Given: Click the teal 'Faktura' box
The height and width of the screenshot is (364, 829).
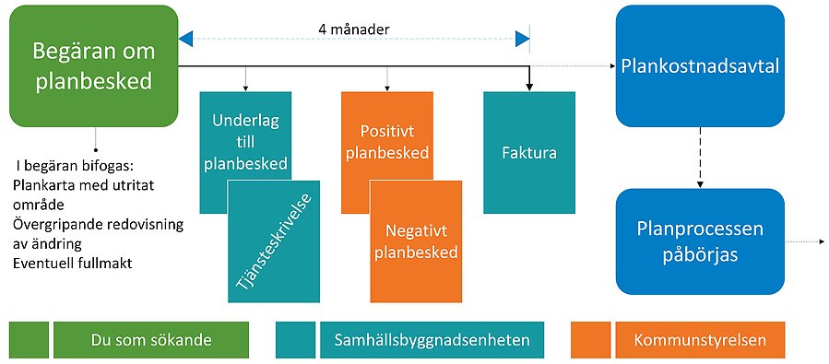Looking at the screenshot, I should [528, 152].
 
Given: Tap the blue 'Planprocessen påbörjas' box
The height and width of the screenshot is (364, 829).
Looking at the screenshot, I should [700, 241].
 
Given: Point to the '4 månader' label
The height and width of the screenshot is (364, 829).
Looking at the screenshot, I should [354, 29].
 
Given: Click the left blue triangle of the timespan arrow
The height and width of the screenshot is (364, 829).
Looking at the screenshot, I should [186, 39].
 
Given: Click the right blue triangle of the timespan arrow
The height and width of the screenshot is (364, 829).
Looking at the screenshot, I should [523, 39].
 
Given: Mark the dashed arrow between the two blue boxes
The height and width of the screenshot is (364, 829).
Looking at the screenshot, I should [700, 157].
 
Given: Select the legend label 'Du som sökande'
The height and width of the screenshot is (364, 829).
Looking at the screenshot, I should [151, 340].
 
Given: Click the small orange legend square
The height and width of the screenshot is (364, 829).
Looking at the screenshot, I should [590, 340].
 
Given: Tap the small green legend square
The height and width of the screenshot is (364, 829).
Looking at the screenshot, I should [29, 340].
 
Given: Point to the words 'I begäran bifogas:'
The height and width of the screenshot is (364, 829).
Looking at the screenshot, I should [76, 166].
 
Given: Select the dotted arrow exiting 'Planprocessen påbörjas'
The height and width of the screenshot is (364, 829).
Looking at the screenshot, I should [804, 241].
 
